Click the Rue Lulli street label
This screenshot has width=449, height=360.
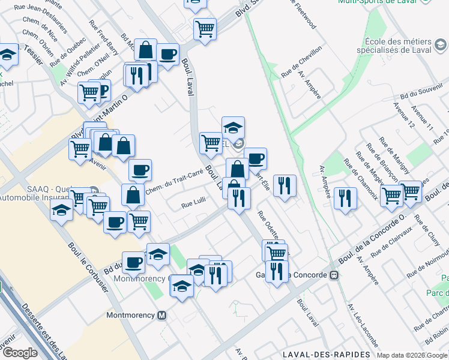pyautogui.click(x=194, y=205)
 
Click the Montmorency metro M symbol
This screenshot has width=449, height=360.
pyautogui.click(x=161, y=316)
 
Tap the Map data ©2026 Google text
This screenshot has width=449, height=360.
pyautogui.click(x=411, y=355)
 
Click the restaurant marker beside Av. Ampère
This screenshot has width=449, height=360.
pyautogui.click(x=345, y=199)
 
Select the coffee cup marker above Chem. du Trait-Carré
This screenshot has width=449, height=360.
pyautogui.click(x=140, y=170)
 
